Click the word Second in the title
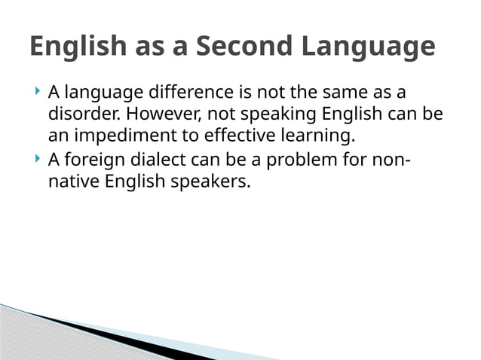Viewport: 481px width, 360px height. click(x=245, y=47)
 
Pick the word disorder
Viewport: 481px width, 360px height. click(x=79, y=115)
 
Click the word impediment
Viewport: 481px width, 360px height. click(x=124, y=137)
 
